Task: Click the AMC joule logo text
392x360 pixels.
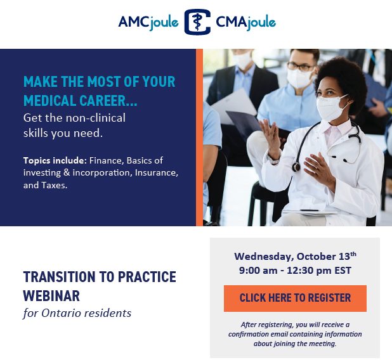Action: [x=148, y=22]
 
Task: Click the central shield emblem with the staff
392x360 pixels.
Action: [x=197, y=22]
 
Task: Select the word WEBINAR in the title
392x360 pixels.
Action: [x=51, y=295]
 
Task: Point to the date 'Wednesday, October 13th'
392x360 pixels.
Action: [x=295, y=256]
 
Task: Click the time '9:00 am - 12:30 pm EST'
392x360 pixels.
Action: [x=295, y=271]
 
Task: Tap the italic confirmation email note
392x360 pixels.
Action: [x=295, y=334]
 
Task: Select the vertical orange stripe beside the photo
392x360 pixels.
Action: [x=199, y=137]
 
